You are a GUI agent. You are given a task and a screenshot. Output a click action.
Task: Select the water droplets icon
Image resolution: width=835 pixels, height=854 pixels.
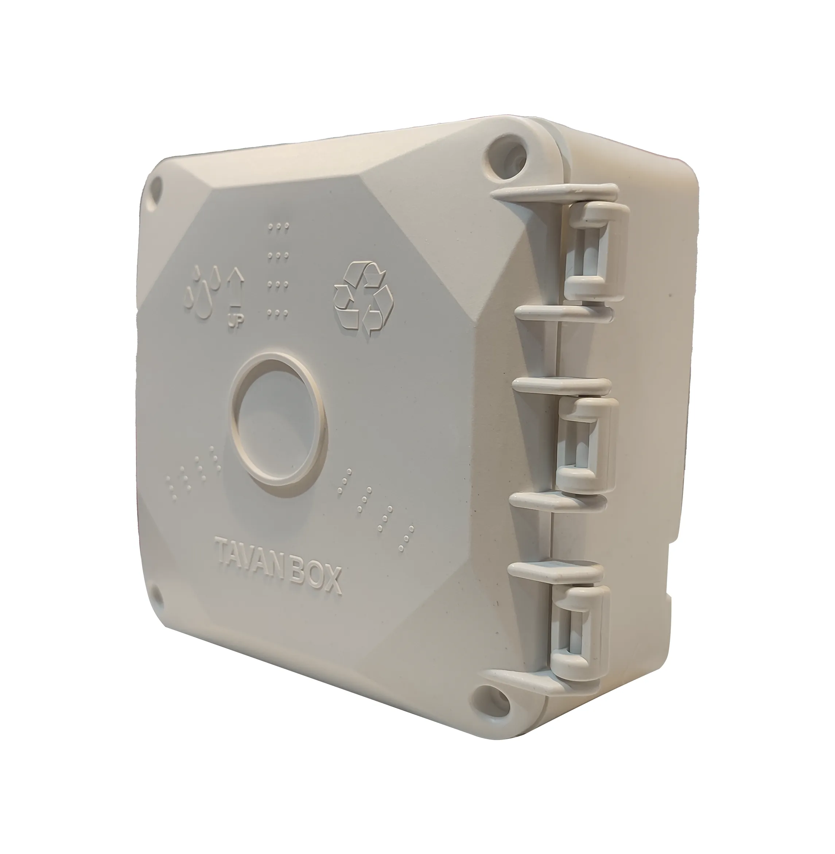pyautogui.click(x=203, y=290)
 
